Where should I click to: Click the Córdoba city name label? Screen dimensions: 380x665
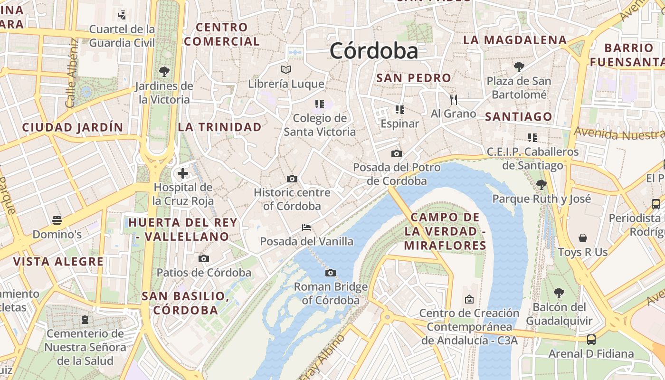(374, 51)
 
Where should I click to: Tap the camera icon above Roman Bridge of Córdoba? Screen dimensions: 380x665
(331, 273)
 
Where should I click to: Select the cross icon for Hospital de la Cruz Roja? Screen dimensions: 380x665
(183, 173)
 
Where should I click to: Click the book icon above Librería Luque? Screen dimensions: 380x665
(286, 70)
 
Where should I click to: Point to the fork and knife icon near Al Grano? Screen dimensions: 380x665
(454, 99)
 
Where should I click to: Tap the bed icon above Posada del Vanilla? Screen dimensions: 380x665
(306, 228)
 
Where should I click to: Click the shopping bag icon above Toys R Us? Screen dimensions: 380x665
(583, 238)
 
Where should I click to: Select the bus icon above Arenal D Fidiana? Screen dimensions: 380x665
(591, 340)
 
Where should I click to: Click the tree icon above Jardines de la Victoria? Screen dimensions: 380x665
(164, 72)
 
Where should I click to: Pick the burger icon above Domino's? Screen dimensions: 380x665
(57, 220)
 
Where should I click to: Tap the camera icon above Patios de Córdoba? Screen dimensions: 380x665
(204, 259)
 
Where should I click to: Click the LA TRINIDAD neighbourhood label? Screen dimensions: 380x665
(219, 127)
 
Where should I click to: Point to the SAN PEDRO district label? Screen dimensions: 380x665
(413, 78)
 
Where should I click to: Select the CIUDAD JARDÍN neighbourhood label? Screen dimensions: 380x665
(73, 127)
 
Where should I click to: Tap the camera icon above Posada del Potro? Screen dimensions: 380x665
(397, 153)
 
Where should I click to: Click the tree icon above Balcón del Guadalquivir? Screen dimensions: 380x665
(559, 293)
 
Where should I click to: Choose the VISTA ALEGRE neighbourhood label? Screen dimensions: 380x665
(58, 261)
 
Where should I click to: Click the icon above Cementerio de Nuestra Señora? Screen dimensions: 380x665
(85, 320)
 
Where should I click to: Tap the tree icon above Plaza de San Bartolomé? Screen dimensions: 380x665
(519, 66)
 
